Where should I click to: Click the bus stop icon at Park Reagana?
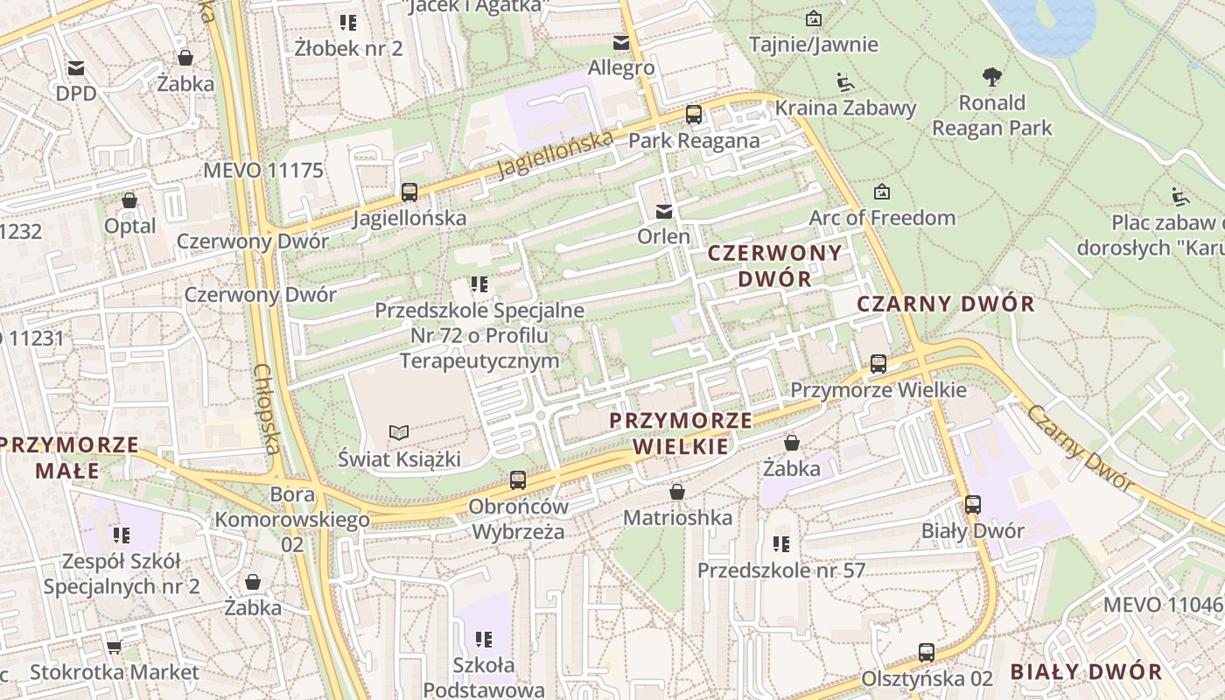tap(694, 115)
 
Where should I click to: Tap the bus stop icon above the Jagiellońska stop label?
tap(409, 192)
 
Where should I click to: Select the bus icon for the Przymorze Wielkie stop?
tap(878, 364)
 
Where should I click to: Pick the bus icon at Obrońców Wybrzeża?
tap(518, 480)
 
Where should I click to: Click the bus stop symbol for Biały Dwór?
tap(973, 505)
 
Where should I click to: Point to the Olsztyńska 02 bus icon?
tap(927, 653)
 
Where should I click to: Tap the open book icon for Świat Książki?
tap(399, 432)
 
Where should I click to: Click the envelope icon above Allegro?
tap(621, 43)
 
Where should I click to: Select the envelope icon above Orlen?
tap(664, 211)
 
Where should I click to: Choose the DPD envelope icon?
tap(76, 68)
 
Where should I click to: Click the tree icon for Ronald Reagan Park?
tap(991, 77)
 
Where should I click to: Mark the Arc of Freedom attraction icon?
tap(882, 192)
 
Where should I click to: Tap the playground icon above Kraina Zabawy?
tap(845, 82)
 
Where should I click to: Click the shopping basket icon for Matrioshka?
tap(676, 493)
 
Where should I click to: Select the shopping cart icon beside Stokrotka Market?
tap(114, 647)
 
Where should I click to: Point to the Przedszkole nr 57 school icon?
tap(781, 544)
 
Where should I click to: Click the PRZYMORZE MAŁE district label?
tap(69, 458)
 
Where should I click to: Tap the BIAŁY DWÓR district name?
tap(1087, 672)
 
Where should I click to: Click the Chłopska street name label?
tap(266, 409)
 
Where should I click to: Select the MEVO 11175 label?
tap(263, 171)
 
